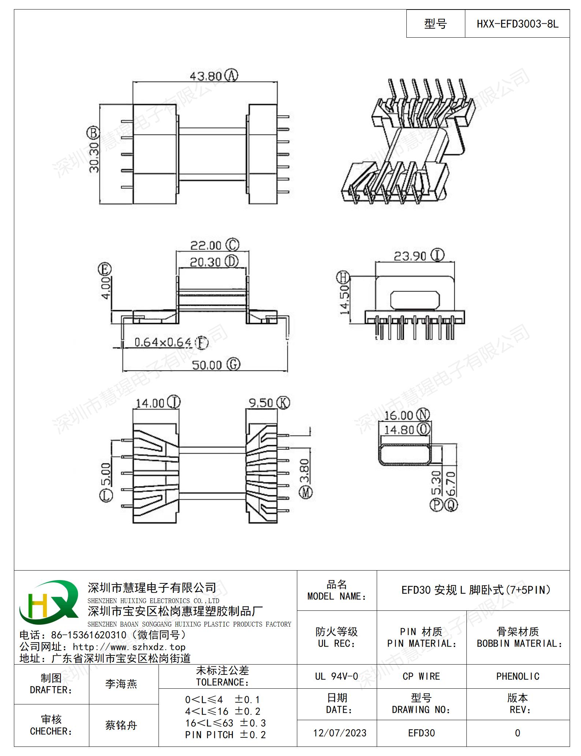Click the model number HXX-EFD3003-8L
[517, 24]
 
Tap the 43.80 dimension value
[206, 76]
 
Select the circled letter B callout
[94, 132]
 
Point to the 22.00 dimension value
[206, 245]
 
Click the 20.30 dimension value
[205, 262]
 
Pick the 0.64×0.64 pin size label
[163, 343]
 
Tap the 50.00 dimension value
[207, 365]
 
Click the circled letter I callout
[437, 255]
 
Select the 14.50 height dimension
[344, 300]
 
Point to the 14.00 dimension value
[150, 403]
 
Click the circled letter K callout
[283, 403]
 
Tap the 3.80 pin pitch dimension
[305, 470]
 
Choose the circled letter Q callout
[451, 505]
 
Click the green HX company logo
[49, 602]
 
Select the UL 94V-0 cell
[336, 676]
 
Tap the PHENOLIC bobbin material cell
[518, 676]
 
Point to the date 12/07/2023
[340, 733]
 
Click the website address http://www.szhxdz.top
[129, 647]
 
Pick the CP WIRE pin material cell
[421, 676]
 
